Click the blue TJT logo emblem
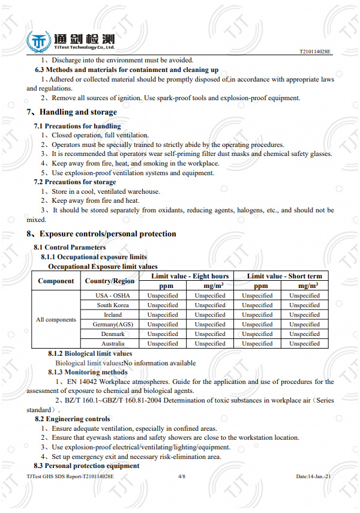[x=38, y=42]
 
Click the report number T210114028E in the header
[x=315, y=52]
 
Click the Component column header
[x=56, y=281]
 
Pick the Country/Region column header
[x=110, y=281]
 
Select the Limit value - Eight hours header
[x=190, y=276]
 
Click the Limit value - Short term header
[x=284, y=276]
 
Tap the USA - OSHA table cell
[x=113, y=296]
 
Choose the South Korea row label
[x=113, y=305]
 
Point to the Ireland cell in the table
[x=113, y=315]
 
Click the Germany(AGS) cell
[x=113, y=325]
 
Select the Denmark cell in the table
[x=113, y=334]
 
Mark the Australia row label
[x=113, y=344]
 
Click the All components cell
[x=56, y=320]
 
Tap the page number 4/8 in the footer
[x=182, y=476]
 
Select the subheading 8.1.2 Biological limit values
[x=90, y=354]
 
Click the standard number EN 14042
[x=79, y=382]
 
